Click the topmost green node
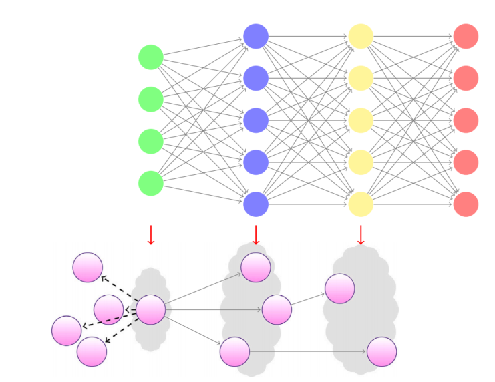tap(151, 57)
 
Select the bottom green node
tap(151, 184)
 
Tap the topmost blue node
tap(256, 36)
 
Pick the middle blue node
tap(256, 120)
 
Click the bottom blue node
tap(256, 204)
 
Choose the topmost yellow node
tap(361, 36)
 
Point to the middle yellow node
tap(361, 120)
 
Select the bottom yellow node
tap(361, 204)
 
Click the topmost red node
tap(466, 36)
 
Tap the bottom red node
tap(466, 204)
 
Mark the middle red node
tap(466, 120)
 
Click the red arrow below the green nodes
tap(151, 235)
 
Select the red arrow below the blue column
tap(256, 235)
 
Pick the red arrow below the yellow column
tap(361, 235)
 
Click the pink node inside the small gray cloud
tap(151, 309)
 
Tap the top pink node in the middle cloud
tap(256, 268)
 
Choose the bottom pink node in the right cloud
tap(382, 351)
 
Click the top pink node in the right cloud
tap(340, 289)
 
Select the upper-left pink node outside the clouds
tap(88, 268)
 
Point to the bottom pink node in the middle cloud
tap(235, 351)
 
